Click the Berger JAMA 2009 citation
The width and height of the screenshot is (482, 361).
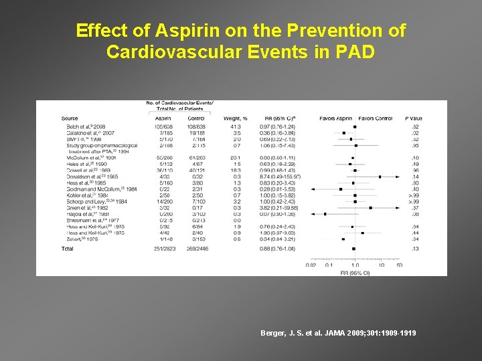[339, 332]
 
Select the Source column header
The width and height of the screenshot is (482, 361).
[69, 118]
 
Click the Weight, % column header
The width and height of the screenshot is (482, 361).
[235, 118]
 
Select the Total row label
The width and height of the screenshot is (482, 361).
[67, 248]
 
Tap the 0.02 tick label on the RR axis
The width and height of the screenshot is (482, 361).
[310, 265]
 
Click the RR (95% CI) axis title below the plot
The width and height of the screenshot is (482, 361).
[355, 273]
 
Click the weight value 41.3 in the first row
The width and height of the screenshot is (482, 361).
[235, 126]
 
